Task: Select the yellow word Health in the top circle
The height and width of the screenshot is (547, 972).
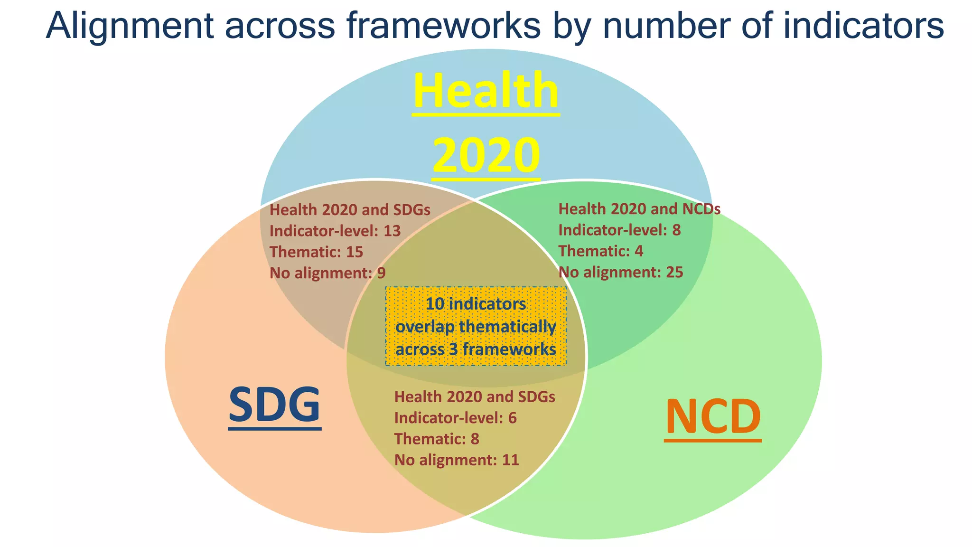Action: tap(486, 91)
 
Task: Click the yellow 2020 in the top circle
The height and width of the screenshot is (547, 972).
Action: tap(486, 155)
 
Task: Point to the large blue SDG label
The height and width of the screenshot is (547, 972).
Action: tap(274, 405)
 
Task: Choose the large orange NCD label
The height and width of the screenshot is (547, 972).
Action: tap(713, 417)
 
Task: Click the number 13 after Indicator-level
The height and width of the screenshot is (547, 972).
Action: tap(392, 231)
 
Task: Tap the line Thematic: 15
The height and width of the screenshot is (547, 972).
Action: tap(316, 252)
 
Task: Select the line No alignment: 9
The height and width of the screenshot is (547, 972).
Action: tap(327, 273)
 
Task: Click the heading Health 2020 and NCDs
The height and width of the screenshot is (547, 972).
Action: tap(639, 209)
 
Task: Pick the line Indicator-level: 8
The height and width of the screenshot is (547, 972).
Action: tap(619, 230)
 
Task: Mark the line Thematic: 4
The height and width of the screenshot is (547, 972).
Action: tap(600, 251)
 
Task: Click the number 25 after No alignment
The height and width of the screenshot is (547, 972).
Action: tap(674, 272)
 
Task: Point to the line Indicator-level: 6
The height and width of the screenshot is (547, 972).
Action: tap(455, 418)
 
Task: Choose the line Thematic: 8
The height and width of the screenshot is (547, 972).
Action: tap(437, 439)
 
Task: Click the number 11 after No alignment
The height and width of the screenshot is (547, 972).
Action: tap(510, 460)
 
